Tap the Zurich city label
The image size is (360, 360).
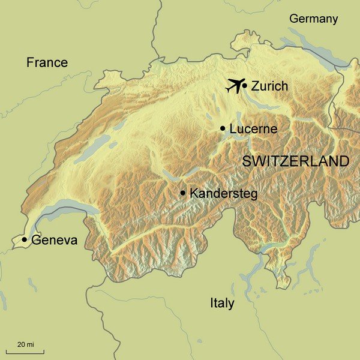(269, 86)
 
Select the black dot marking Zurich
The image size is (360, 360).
(245, 86)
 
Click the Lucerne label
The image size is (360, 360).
(253, 128)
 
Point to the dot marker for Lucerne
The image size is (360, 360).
(223, 128)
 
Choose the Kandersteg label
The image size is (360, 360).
(223, 193)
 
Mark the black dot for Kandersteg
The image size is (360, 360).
(182, 193)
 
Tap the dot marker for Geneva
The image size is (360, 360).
(24, 240)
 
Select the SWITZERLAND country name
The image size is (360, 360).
(295, 161)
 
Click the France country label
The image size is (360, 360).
(47, 62)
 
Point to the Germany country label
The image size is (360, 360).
(313, 19)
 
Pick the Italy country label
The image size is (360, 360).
(222, 303)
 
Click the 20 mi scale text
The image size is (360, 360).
(25, 344)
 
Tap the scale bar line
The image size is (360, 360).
(25, 352)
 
